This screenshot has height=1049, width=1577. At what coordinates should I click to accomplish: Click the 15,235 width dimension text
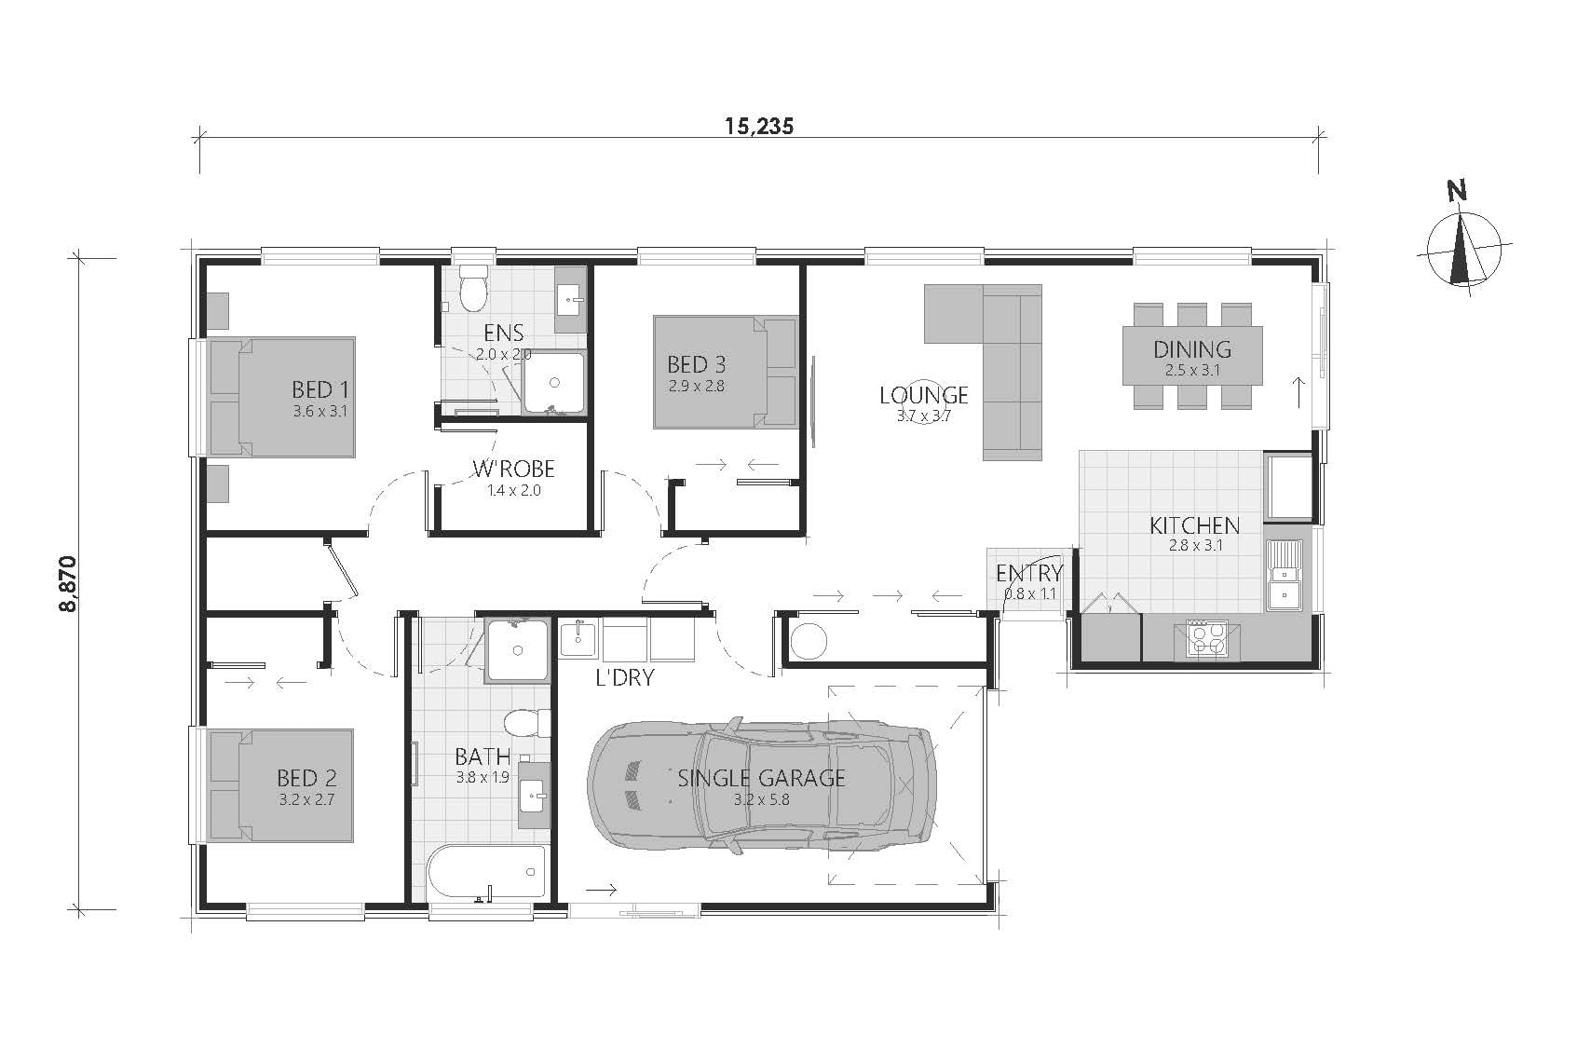pos(759,126)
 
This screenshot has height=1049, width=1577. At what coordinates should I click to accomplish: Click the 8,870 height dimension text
pos(67,584)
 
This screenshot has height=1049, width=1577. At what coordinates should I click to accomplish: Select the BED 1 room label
pos(319,388)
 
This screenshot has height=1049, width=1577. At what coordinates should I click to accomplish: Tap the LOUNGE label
pos(923,395)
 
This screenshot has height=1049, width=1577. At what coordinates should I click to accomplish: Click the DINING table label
pos(1192,349)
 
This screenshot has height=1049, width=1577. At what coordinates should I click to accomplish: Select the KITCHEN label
pos(1194,525)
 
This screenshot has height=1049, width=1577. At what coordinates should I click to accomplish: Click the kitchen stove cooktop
pos(1208,638)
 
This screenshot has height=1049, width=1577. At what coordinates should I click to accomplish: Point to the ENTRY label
pos(1028,573)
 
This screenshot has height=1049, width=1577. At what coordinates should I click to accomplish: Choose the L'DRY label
pos(625,677)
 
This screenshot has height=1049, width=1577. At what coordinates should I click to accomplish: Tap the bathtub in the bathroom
pos(486,874)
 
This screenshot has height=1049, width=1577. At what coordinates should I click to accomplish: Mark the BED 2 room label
pos(306,778)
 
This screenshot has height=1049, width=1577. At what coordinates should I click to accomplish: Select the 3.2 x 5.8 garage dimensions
pos(761,799)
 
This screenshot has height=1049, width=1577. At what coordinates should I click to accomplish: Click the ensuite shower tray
pos(554,382)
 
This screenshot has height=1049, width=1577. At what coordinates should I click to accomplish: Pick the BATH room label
pos(483,756)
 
